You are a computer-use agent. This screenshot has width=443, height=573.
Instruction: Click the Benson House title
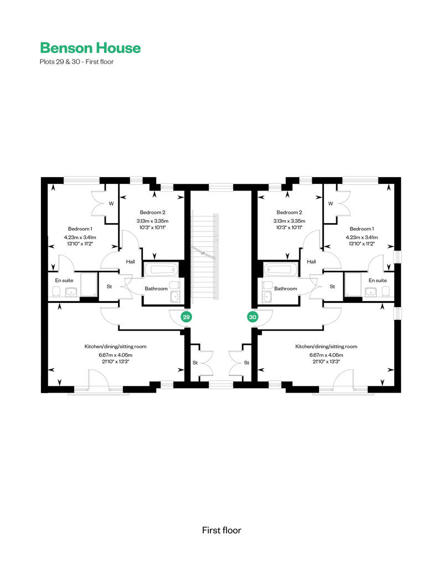(x=90, y=48)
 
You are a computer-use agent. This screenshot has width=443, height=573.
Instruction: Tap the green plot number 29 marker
(x=187, y=317)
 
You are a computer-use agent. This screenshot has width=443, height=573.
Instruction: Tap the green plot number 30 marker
(x=253, y=317)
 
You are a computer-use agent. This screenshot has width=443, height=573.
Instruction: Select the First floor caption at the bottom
(x=221, y=530)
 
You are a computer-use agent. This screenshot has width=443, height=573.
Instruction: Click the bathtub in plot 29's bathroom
(x=161, y=270)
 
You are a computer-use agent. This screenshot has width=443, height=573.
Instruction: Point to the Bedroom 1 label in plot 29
(x=80, y=229)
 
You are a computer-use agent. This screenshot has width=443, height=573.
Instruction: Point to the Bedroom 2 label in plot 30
(x=289, y=213)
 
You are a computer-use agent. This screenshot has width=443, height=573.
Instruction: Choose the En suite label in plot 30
(x=378, y=280)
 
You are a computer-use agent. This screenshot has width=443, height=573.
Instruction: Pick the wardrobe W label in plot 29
(x=111, y=204)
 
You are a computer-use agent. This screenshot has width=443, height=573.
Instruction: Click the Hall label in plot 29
(x=130, y=262)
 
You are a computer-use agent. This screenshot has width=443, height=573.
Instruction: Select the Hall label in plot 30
(x=311, y=262)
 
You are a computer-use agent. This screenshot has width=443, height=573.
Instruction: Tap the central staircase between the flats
(x=205, y=256)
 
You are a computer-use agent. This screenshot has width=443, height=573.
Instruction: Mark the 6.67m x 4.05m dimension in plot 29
(x=116, y=355)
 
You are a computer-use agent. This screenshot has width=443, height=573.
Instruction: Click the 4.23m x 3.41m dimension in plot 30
(x=362, y=237)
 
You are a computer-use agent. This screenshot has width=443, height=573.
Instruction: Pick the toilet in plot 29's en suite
(x=56, y=292)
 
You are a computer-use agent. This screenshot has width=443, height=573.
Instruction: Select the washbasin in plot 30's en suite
(x=371, y=292)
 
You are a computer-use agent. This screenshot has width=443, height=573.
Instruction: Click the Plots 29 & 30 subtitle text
(x=77, y=62)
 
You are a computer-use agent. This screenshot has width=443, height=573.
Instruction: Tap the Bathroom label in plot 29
(x=156, y=288)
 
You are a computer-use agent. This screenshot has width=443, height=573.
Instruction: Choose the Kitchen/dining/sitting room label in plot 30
(x=326, y=347)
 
